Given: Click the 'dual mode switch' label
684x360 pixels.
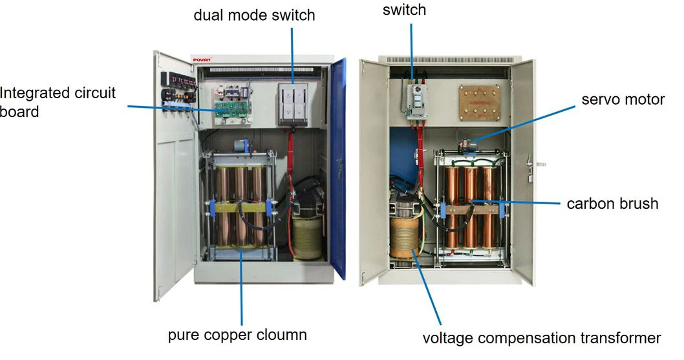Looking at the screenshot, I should coord(254,14).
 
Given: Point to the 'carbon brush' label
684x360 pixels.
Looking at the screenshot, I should coord(612,204).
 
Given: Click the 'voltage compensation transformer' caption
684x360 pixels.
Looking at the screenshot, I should coord(541,338).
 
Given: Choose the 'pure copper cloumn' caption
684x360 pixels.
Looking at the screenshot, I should coord(237,335).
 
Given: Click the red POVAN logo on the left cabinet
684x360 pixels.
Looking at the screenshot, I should coord(202,59).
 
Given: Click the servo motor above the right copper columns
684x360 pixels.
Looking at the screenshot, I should coord(466,144).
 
